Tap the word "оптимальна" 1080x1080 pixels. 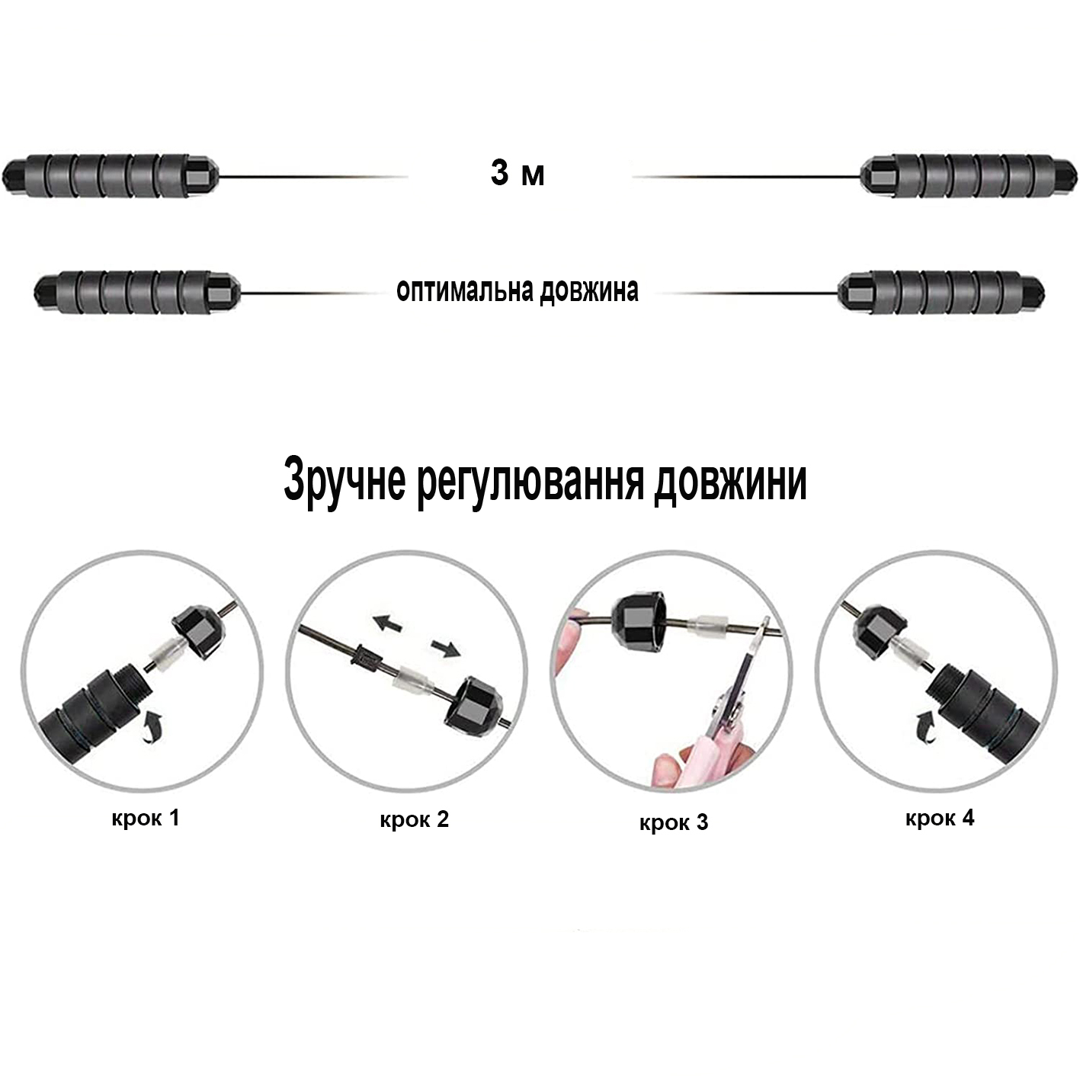(x=465, y=290)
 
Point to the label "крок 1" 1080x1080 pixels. (x=145, y=818)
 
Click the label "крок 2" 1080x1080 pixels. (x=414, y=819)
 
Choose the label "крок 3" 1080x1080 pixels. (x=674, y=822)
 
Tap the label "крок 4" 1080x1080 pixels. (x=940, y=818)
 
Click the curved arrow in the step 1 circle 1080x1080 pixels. (x=153, y=727)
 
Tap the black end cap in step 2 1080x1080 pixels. (x=473, y=704)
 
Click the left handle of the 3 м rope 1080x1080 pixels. (x=110, y=176)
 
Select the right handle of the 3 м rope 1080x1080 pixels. (x=969, y=176)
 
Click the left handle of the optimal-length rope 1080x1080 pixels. (x=137, y=292)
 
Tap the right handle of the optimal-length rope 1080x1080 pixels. (x=941, y=292)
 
